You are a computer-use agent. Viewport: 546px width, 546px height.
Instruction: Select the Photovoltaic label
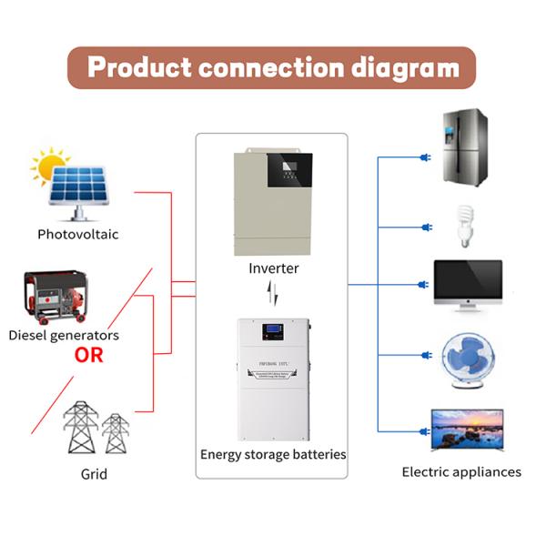coord(77,234)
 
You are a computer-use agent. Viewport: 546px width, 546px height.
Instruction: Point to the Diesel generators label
coord(64,335)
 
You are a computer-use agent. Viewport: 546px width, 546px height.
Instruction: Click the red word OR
coord(90,355)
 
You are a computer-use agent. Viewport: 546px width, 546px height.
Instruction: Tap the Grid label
coord(94,474)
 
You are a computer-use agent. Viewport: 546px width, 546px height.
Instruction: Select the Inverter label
coord(273,269)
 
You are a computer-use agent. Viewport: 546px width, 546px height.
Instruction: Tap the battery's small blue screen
coord(270,334)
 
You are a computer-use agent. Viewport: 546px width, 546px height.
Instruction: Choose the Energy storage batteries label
coord(273,453)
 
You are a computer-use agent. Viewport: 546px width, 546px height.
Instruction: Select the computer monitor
coord(467,284)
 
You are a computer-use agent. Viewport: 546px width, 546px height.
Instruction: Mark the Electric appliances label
coord(461,472)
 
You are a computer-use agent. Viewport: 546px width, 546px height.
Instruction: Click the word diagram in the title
coord(395,67)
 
